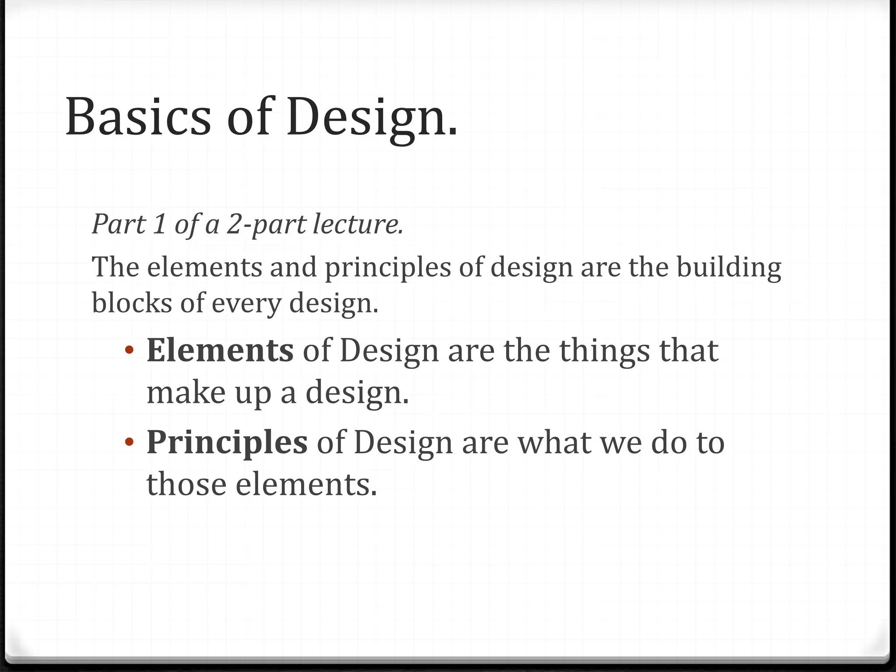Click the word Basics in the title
[138, 117]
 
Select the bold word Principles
[227, 442]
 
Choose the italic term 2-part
[266, 225]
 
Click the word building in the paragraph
[728, 267]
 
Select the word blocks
[132, 302]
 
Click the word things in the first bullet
[605, 351]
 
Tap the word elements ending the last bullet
[306, 484]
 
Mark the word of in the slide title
[248, 117]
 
